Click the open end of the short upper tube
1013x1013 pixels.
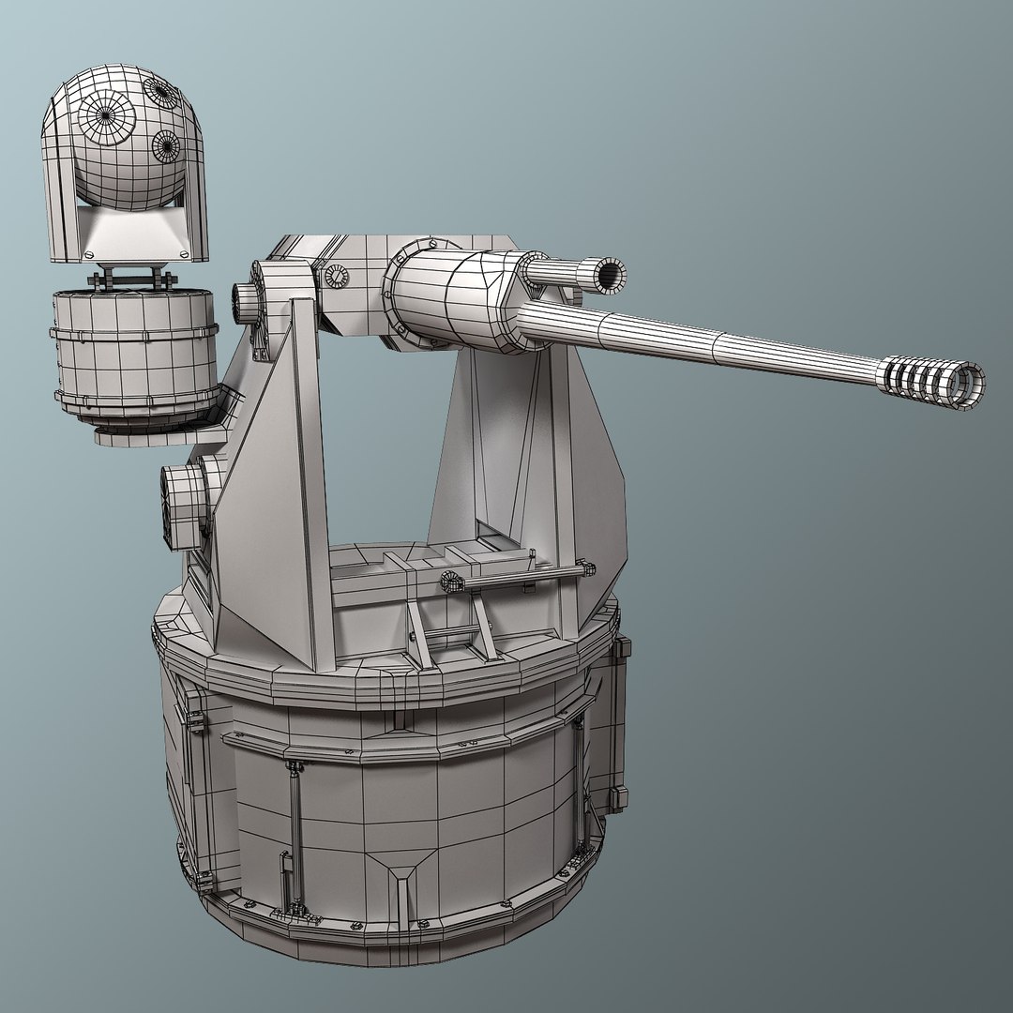click(609, 273)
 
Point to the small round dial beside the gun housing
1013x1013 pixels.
click(336, 276)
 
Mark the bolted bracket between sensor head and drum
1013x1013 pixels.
click(131, 279)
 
